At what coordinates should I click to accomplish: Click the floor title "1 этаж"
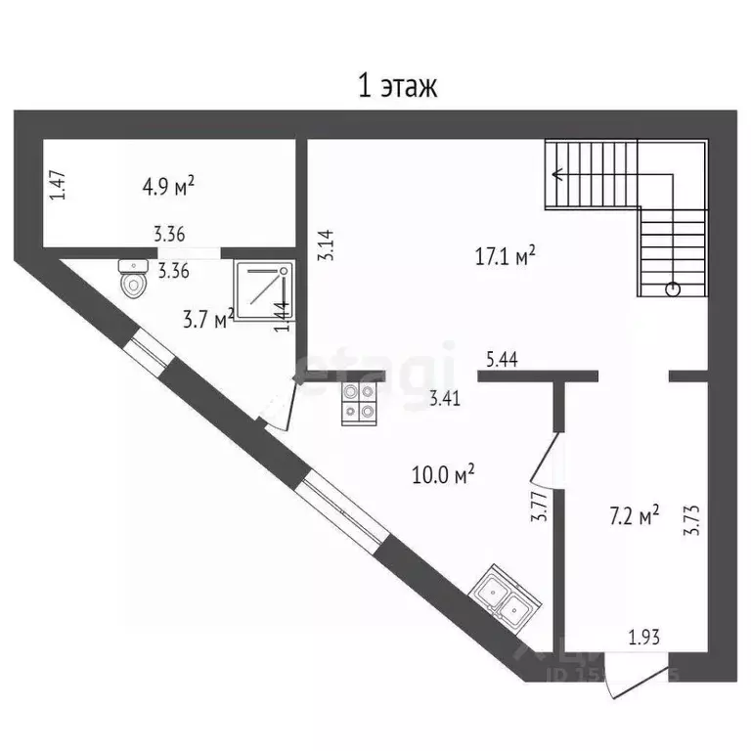click(396, 86)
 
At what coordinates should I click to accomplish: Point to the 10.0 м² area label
click(444, 476)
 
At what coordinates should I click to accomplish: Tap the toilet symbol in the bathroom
click(132, 278)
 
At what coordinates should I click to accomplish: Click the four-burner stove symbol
click(358, 403)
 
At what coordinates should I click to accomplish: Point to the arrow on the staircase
click(558, 176)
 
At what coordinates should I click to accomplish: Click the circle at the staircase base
click(672, 288)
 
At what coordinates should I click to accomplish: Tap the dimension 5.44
click(501, 360)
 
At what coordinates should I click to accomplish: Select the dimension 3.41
click(447, 397)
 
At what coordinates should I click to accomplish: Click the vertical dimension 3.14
click(330, 243)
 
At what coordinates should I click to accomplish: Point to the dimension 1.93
click(644, 638)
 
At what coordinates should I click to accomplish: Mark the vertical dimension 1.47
click(58, 186)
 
